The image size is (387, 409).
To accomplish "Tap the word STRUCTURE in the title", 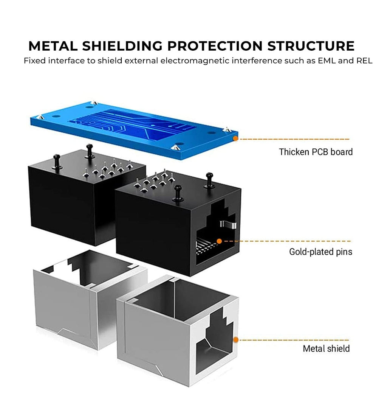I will click(311, 46).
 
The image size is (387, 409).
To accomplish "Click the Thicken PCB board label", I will click(316, 152).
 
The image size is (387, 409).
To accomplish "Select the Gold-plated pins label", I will click(320, 252).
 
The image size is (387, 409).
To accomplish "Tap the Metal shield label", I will click(326, 348).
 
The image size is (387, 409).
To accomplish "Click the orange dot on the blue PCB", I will click(235, 139).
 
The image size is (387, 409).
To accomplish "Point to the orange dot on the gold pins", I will click(219, 241).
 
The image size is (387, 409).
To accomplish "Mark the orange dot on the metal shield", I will click(235, 340).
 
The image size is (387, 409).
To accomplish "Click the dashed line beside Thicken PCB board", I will click(295, 139).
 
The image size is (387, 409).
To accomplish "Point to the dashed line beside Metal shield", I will click(295, 340).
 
